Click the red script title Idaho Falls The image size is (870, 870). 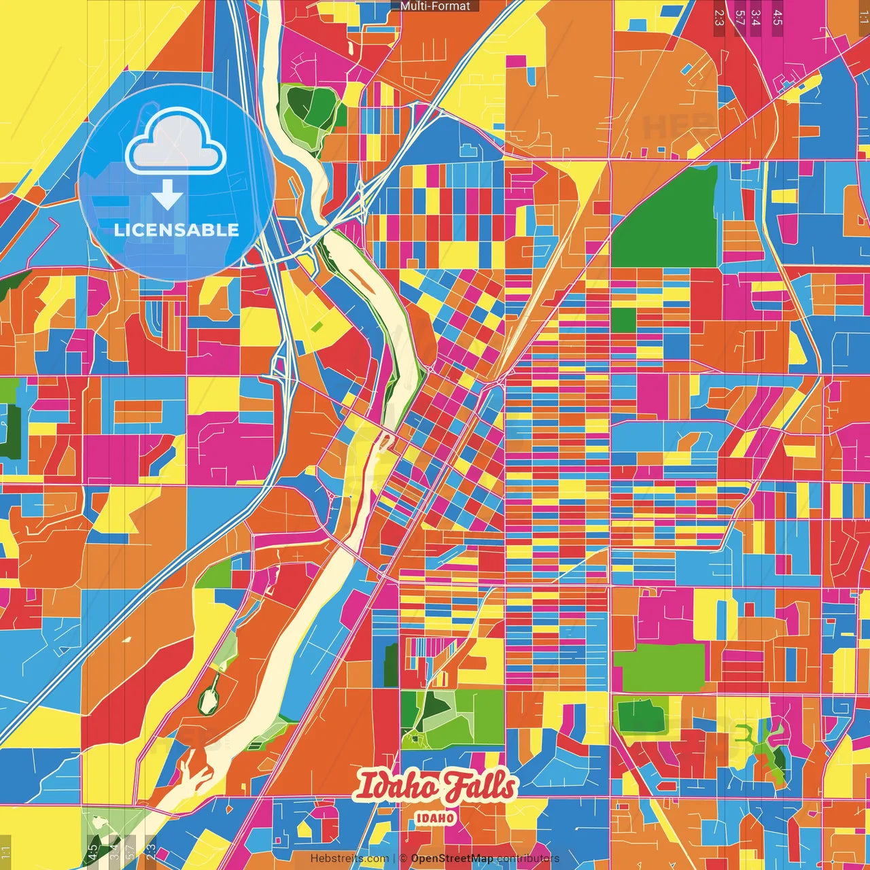point(435,787)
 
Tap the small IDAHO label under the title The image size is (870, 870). point(435,818)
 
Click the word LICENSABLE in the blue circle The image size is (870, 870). point(177,230)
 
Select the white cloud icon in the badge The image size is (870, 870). point(176,141)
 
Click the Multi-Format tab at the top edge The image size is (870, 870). point(435,6)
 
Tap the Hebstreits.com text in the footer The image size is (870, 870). point(349,858)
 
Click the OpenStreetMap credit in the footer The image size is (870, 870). point(452,858)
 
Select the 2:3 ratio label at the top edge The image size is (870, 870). point(719,18)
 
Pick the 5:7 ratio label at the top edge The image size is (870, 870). point(739,18)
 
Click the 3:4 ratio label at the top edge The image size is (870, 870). point(756,18)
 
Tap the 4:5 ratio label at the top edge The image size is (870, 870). point(778,18)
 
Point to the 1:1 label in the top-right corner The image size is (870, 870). point(863,18)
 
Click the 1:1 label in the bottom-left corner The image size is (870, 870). point(6,852)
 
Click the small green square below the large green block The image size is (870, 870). point(623,320)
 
